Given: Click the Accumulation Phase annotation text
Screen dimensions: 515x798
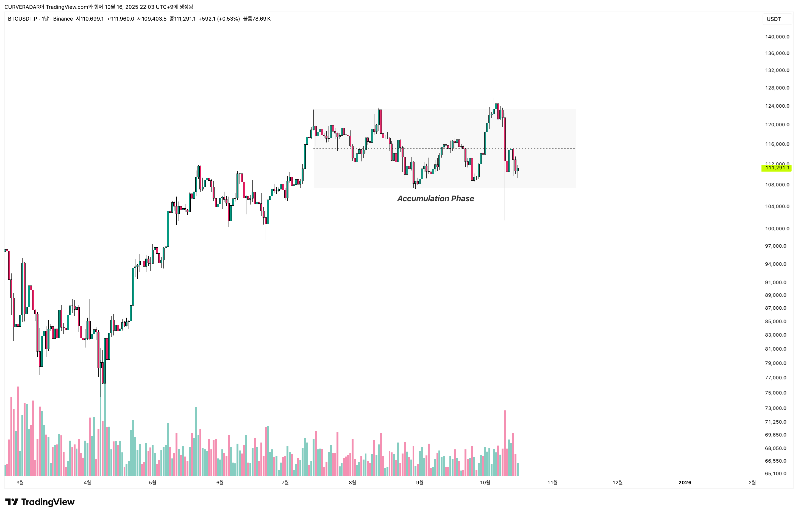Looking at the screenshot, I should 435,199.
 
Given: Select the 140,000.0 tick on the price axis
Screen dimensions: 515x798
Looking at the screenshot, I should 777,37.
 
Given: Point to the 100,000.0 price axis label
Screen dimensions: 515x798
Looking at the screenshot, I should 777,229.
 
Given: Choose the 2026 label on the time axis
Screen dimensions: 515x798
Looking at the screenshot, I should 685,483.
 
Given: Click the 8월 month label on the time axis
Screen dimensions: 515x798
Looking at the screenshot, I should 352,483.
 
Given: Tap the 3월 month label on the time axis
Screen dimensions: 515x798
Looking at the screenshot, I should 20,483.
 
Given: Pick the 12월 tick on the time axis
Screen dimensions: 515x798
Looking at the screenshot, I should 617,483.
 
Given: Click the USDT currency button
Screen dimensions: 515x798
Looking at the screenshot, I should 774,19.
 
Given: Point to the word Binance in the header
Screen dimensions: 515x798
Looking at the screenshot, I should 63,19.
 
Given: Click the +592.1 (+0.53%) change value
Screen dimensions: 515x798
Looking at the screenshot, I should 219,19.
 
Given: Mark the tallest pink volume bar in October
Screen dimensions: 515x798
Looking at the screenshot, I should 505,443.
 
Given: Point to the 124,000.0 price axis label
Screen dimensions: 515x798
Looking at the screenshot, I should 777,106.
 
